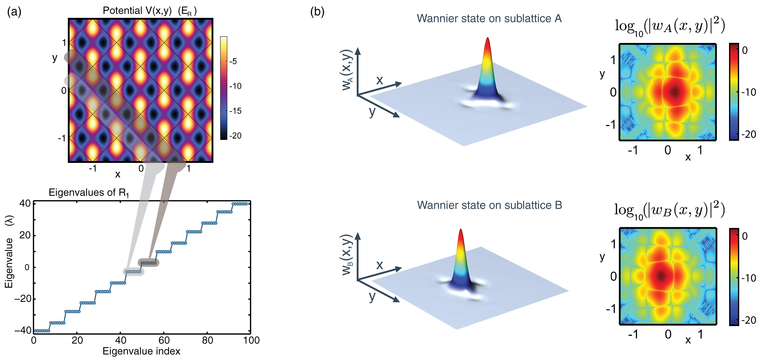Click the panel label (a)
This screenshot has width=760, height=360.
[x=14, y=12]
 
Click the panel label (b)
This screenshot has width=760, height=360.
[x=317, y=12]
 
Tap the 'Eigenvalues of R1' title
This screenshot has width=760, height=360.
[x=89, y=193]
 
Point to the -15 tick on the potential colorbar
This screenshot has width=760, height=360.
[x=235, y=111]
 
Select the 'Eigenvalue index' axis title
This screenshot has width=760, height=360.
[x=141, y=351]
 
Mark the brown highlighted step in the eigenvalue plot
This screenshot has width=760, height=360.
[x=148, y=263]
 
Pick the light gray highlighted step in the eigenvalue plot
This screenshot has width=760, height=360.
[x=133, y=271]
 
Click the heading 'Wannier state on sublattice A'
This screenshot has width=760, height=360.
[x=489, y=19]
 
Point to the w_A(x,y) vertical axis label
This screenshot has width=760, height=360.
[x=347, y=70]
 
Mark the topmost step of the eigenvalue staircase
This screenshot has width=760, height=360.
[x=240, y=204]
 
